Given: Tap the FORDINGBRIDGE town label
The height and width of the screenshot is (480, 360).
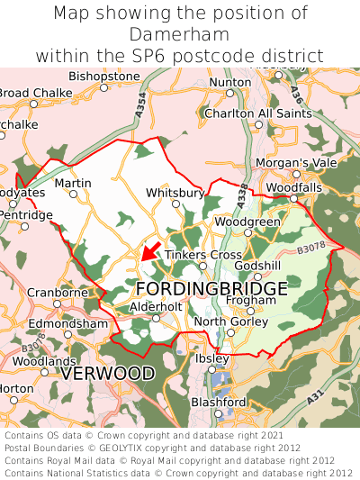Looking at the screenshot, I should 211,289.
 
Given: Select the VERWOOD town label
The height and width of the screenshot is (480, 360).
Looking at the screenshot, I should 107,372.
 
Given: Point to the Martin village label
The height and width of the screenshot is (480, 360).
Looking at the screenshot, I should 73,183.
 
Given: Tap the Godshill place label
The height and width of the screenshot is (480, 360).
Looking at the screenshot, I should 257,266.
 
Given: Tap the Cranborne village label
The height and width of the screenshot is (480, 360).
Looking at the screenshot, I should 57,293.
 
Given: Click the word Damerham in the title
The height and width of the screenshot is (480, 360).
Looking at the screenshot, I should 179,34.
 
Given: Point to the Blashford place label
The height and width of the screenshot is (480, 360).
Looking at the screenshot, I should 217,402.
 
